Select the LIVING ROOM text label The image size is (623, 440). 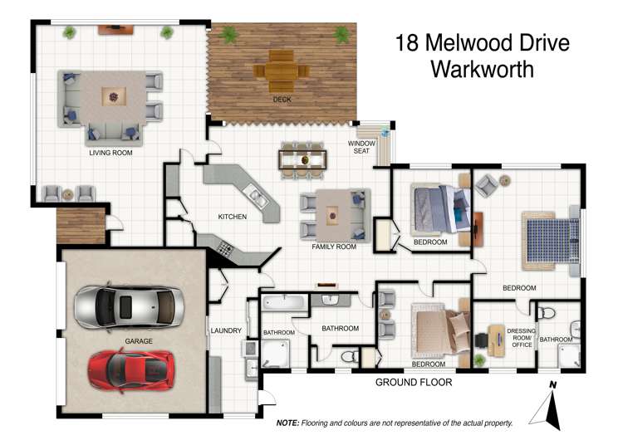(110, 153)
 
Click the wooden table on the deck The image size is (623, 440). (282, 72)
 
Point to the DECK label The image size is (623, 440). (282, 100)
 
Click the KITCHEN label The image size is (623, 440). (232, 217)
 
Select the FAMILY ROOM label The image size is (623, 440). (334, 247)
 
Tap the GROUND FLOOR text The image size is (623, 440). (414, 383)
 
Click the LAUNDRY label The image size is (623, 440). (226, 330)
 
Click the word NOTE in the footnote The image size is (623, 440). (287, 423)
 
